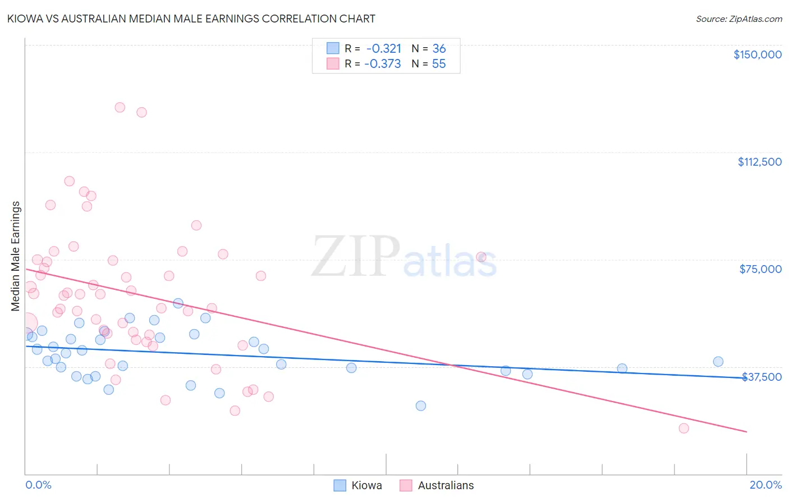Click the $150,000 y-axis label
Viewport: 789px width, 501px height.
pos(757,54)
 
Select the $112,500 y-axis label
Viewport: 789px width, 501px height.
pos(759,162)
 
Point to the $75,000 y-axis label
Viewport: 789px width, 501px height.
pos(760,269)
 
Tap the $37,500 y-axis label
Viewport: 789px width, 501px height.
pos(762,377)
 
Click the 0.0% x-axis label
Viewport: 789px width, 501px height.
pos(38,485)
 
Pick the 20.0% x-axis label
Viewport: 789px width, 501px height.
pos(765,485)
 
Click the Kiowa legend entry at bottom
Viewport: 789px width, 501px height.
pos(358,485)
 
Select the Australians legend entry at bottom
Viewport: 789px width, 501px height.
pos(437,485)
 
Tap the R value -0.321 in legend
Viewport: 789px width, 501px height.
pos(384,49)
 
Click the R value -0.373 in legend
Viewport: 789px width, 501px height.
pos(383,64)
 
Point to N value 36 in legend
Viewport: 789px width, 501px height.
pos(439,49)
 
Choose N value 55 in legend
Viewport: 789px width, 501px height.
pos(439,64)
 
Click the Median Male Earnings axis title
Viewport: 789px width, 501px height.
pos(16,256)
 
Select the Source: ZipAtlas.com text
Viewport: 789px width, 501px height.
pos(738,19)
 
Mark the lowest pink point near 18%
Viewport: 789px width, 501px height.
pos(684,428)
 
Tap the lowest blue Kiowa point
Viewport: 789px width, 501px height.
pos(421,406)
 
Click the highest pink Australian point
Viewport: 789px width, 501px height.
pos(120,107)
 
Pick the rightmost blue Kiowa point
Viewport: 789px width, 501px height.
pos(718,362)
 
